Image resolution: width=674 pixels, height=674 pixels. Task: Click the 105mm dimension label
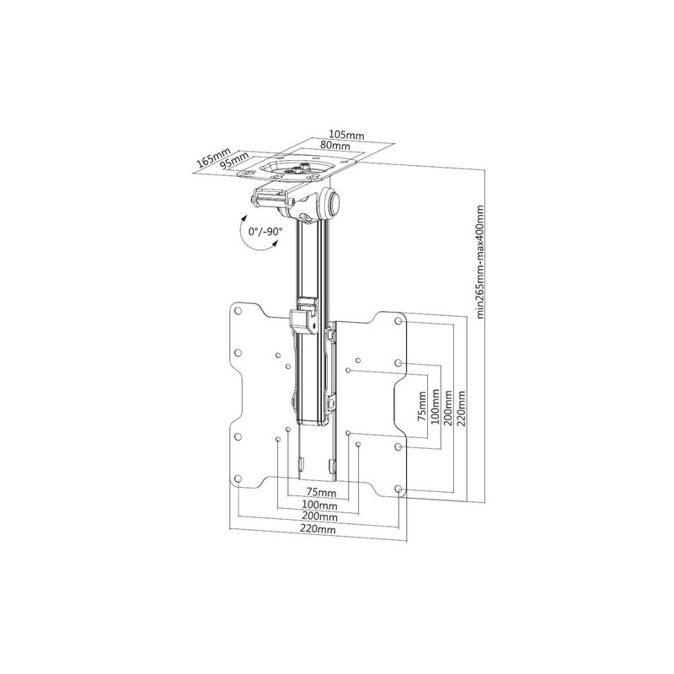[346, 135]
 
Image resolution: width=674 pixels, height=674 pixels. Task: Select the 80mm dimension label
[334, 146]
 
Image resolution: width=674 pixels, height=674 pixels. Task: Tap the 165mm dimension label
[214, 158]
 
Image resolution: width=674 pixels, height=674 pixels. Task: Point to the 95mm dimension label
[235, 161]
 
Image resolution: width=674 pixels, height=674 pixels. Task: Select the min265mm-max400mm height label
[480, 261]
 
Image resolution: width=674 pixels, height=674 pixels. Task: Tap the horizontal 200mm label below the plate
[319, 516]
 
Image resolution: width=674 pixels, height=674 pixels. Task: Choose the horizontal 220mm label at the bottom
[318, 529]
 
